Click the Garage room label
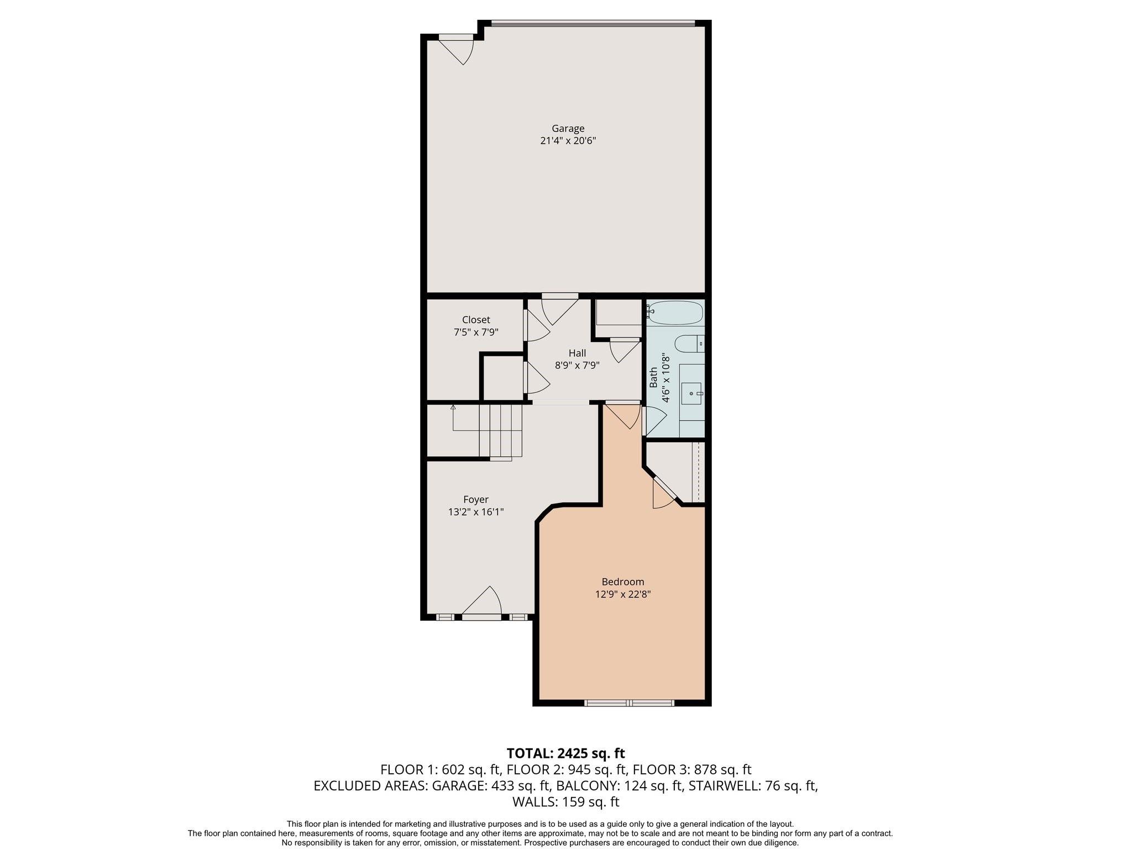(568, 129)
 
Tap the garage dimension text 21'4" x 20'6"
(568, 141)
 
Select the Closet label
(476, 320)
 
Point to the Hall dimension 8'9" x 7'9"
(577, 365)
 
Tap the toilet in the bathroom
(688, 344)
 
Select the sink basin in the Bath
(691, 393)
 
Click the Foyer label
(475, 500)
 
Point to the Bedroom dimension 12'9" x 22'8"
(622, 594)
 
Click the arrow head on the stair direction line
(453, 407)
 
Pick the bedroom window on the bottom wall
(629, 703)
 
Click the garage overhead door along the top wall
(593, 24)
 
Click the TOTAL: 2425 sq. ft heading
(565, 753)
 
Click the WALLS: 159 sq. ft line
(565, 802)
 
